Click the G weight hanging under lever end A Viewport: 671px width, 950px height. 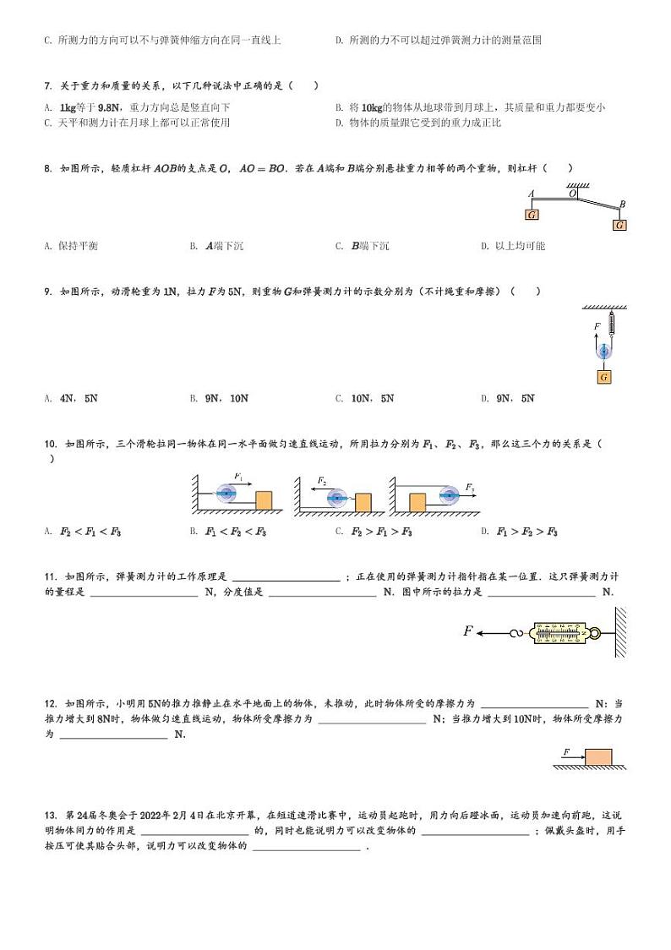point(532,215)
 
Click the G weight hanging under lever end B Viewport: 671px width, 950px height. point(620,225)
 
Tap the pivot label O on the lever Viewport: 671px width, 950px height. point(572,194)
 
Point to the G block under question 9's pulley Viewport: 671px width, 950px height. point(603,377)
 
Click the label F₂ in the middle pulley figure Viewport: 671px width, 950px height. point(322,480)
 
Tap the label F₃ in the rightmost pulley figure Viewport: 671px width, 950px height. point(470,488)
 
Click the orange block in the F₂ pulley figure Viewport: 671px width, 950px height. point(363,502)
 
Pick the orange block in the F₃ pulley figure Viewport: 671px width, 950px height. point(417,502)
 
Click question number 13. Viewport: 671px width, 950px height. point(50,816)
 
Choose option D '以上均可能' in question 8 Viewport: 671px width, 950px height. point(513,246)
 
